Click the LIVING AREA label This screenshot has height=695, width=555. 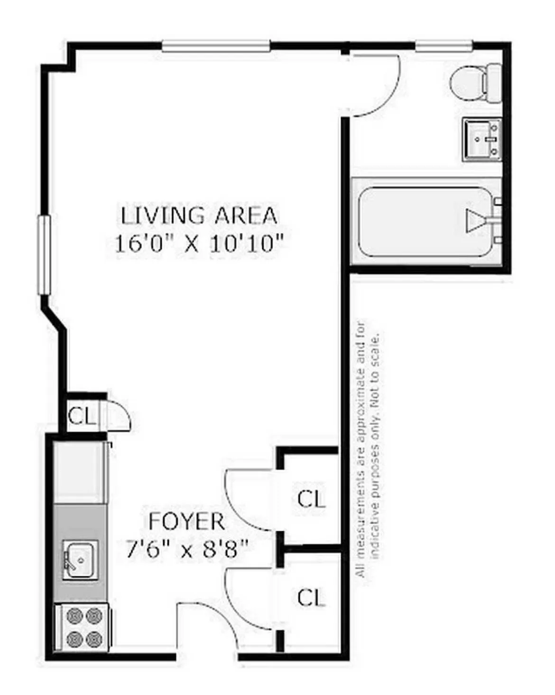[x=199, y=216]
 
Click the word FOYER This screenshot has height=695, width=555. [x=186, y=522]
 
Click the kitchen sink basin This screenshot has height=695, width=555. [x=80, y=560]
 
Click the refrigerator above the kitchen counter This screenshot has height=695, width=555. [x=79, y=472]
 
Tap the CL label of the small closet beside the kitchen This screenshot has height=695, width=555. [x=82, y=416]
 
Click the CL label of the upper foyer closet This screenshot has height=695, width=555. [x=311, y=499]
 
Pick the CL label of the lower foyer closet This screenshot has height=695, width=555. [x=311, y=597]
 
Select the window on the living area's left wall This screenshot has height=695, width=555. [x=44, y=255]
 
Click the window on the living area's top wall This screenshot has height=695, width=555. [x=216, y=46]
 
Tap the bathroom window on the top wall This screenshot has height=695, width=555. [x=444, y=46]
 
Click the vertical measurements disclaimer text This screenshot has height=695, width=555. [x=368, y=449]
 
